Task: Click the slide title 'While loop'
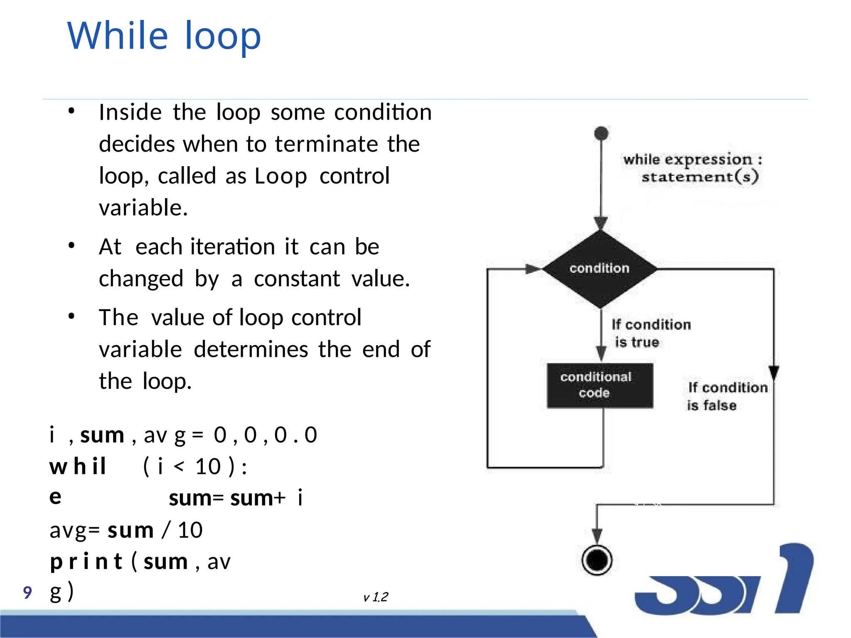164,36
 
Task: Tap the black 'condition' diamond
600,269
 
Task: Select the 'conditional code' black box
600,385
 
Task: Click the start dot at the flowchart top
601,133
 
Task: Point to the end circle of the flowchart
597,560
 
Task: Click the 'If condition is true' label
651,333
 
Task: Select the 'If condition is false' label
727,396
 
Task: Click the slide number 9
27,592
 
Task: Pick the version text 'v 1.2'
376,597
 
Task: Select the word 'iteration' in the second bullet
233,247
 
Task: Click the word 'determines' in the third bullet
251,349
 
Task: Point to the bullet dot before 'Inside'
71,111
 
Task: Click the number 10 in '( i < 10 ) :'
208,466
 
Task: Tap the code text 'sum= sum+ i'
236,498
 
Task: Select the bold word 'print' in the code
86,562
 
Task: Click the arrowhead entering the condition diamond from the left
533,269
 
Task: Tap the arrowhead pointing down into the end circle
597,535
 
